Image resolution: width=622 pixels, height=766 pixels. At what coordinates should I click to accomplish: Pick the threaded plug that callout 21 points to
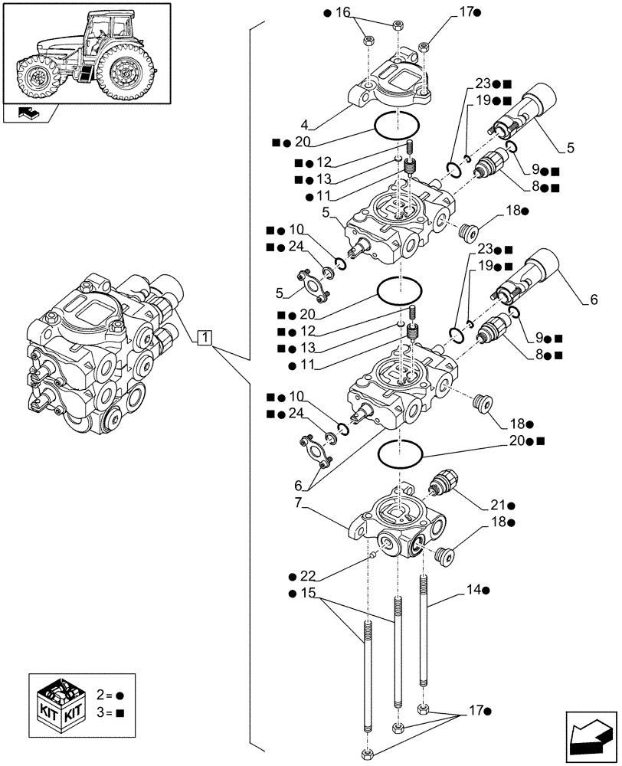coord(438,483)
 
